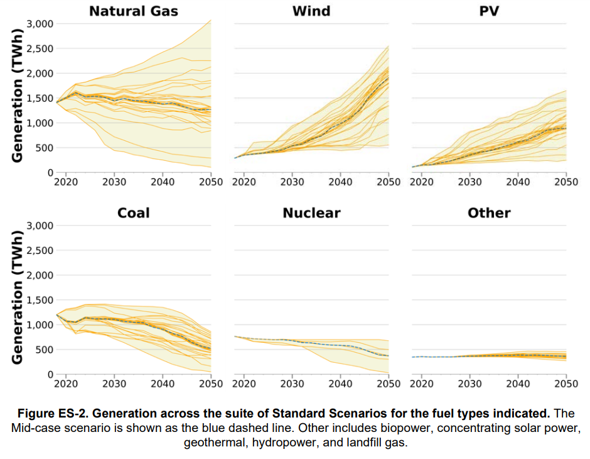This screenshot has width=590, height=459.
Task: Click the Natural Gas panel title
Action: [133, 11]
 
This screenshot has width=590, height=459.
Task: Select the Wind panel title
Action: [311, 11]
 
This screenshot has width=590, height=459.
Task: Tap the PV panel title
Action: [489, 11]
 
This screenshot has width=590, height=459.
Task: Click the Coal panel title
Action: [133, 213]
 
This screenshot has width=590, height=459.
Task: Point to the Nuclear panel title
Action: [311, 213]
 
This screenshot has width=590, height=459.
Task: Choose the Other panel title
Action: [489, 213]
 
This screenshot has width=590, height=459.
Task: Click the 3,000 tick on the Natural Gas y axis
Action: [39, 24]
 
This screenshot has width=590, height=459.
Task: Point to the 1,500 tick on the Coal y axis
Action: [39, 301]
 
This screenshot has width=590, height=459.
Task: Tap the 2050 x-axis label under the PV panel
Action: [566, 182]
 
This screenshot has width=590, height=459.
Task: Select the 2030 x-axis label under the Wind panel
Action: [292, 182]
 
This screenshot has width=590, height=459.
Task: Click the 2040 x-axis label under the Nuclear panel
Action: [340, 384]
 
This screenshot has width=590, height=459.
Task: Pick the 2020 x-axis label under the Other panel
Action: [422, 384]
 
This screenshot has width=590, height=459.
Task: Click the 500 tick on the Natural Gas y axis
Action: [43, 148]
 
